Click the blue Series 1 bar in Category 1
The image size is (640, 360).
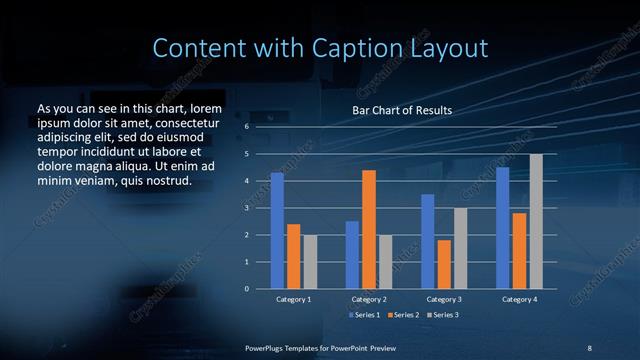point(277,231)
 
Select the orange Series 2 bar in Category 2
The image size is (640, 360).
point(368,229)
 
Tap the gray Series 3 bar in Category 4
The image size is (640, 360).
point(536,221)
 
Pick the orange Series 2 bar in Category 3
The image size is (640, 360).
point(444,264)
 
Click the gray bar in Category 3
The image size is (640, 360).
point(460,248)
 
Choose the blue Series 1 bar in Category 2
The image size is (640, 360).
point(352,255)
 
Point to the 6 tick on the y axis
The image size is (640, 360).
point(247,128)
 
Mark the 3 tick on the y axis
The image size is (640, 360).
point(247,208)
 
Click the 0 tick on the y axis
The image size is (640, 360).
point(247,289)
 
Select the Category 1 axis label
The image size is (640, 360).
point(294,299)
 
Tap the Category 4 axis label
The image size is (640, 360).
point(519,299)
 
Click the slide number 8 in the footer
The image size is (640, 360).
point(589,348)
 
